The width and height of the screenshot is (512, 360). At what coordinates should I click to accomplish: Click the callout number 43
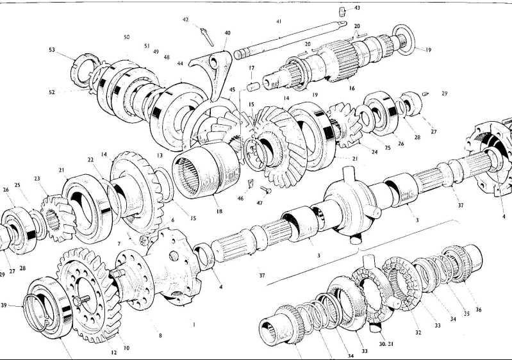357,8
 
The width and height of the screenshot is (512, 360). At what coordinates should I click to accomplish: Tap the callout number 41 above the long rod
279,22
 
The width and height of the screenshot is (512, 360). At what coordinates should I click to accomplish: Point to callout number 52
52,92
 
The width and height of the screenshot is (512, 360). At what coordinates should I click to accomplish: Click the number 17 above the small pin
252,68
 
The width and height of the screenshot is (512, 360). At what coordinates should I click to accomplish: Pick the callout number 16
351,88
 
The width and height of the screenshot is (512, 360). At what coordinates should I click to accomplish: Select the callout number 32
418,332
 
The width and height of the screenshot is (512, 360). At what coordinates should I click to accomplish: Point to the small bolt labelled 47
266,189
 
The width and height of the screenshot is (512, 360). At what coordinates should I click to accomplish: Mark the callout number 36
478,310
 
